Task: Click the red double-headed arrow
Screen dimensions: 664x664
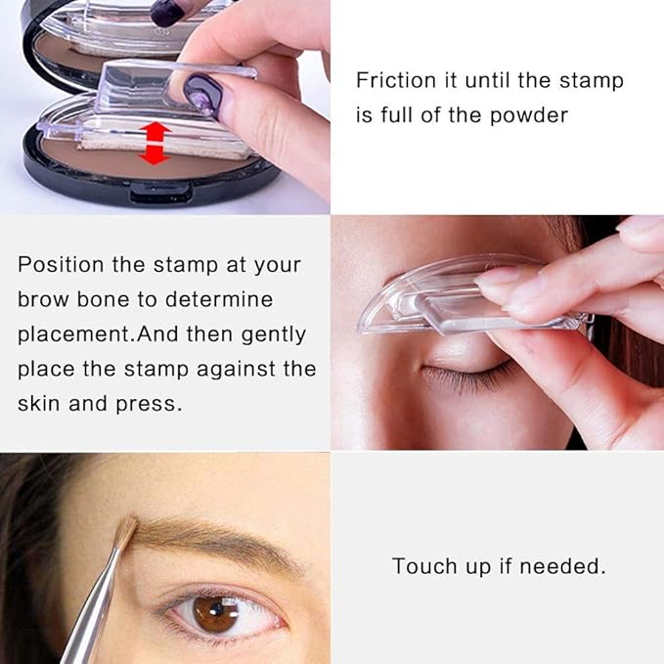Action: [155, 144]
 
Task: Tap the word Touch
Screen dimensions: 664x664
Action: [424, 566]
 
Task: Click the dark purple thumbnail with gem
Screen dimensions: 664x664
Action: [203, 95]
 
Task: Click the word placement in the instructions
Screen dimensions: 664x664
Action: [74, 334]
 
